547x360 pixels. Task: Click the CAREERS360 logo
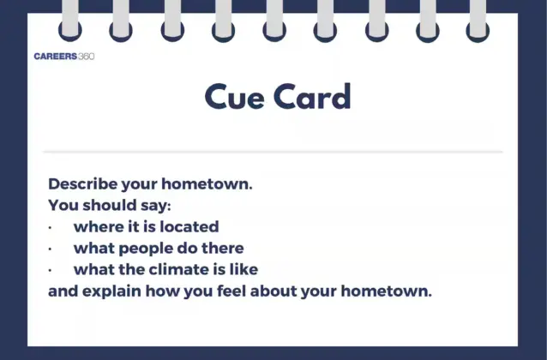(x=64, y=57)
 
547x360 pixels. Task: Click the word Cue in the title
(x=234, y=97)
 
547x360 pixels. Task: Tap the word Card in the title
(x=312, y=96)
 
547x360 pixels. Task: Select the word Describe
(x=82, y=183)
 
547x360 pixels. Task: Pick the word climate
(x=179, y=269)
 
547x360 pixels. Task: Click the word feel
(x=231, y=291)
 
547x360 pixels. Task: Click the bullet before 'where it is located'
(x=51, y=227)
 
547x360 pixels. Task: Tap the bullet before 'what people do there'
(x=51, y=249)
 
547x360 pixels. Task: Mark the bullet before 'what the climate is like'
(x=51, y=270)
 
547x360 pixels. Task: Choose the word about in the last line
(x=273, y=291)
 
